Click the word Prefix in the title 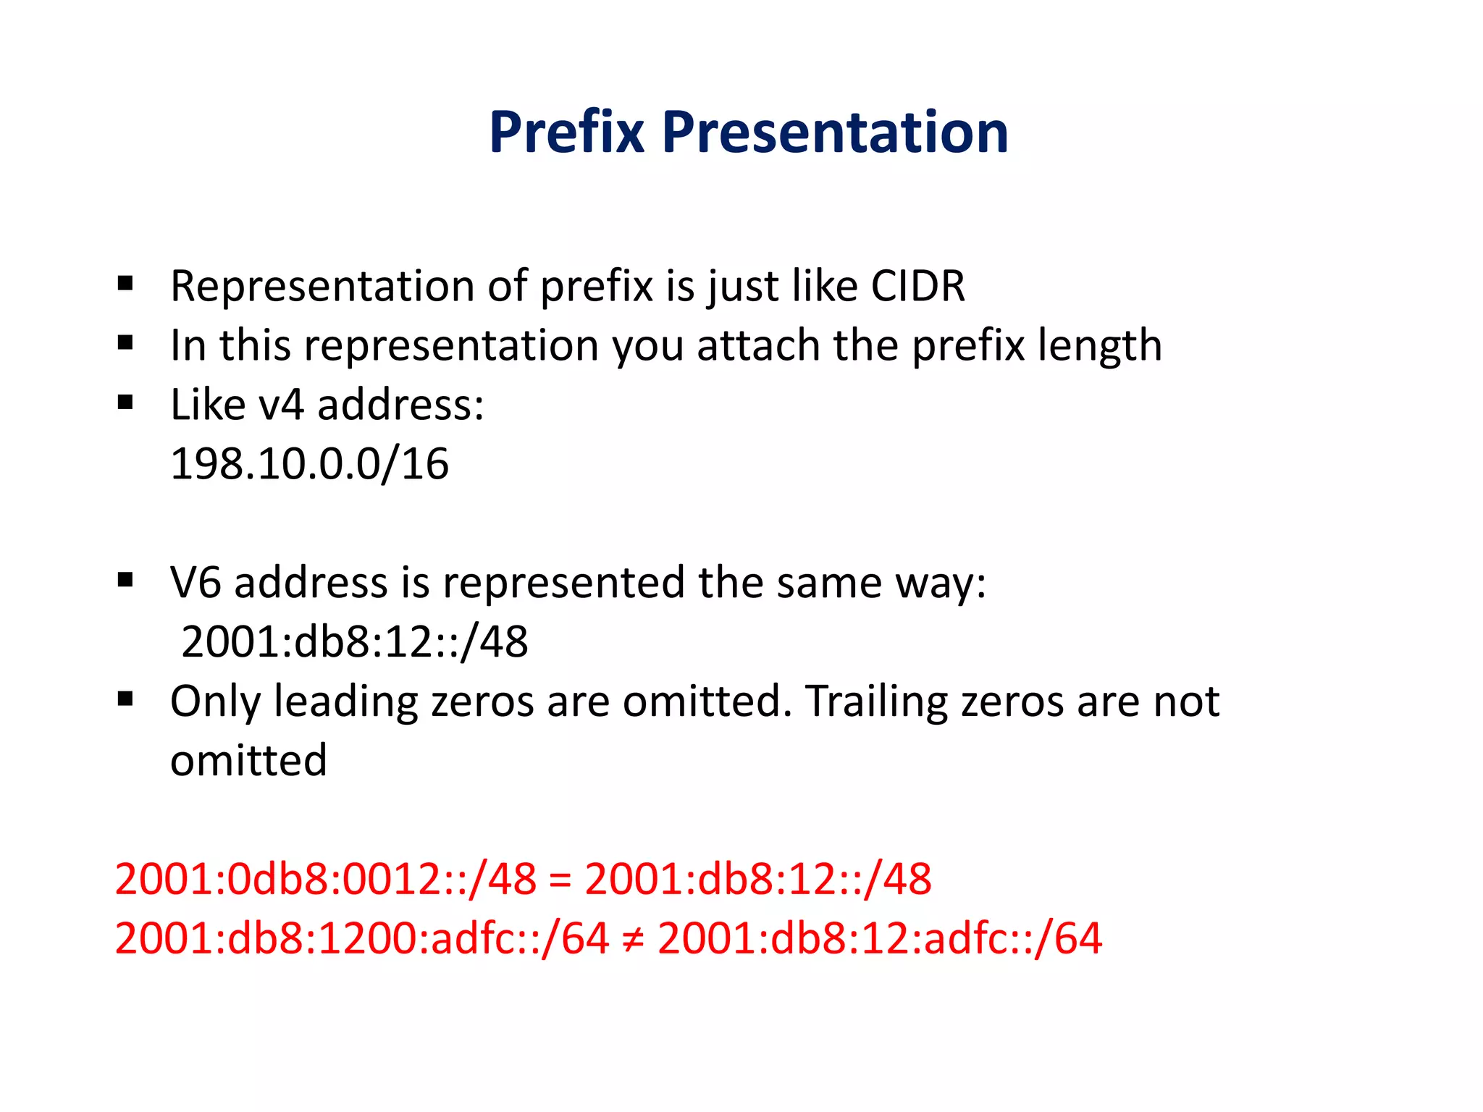pyautogui.click(x=566, y=132)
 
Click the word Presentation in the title pyautogui.click(x=835, y=132)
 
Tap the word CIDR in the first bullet pyautogui.click(x=917, y=286)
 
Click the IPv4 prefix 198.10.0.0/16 pyautogui.click(x=309, y=464)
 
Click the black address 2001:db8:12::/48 pyautogui.click(x=354, y=642)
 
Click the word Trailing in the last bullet pyautogui.click(x=876, y=702)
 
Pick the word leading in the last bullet pyautogui.click(x=345, y=702)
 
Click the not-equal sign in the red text pyautogui.click(x=632, y=939)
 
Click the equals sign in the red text pyautogui.click(x=560, y=880)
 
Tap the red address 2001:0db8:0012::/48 pyautogui.click(x=326, y=880)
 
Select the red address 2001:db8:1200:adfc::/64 pyautogui.click(x=361, y=939)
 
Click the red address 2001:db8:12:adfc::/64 pyautogui.click(x=879, y=939)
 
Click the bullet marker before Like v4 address pyautogui.click(x=125, y=402)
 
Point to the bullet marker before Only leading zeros pyautogui.click(x=125, y=699)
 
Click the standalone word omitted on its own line pyautogui.click(x=248, y=761)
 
